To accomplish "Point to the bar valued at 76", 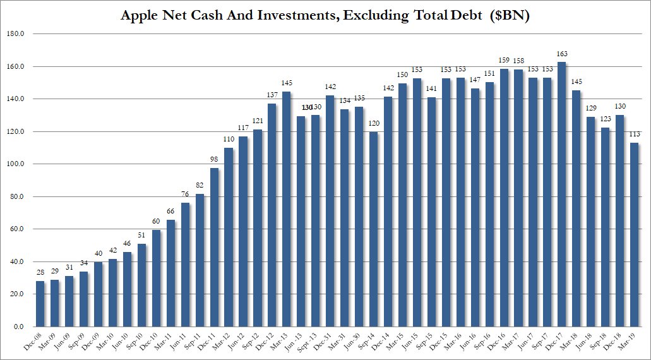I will pyautogui.click(x=185, y=265).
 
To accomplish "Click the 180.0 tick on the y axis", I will pyautogui.click(x=15, y=34).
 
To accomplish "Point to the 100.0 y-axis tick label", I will pyautogui.click(x=15, y=164).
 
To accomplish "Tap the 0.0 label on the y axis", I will pyautogui.click(x=18, y=327).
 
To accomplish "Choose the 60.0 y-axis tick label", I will pyautogui.click(x=16, y=229).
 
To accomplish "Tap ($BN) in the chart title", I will pyautogui.click(x=509, y=16).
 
